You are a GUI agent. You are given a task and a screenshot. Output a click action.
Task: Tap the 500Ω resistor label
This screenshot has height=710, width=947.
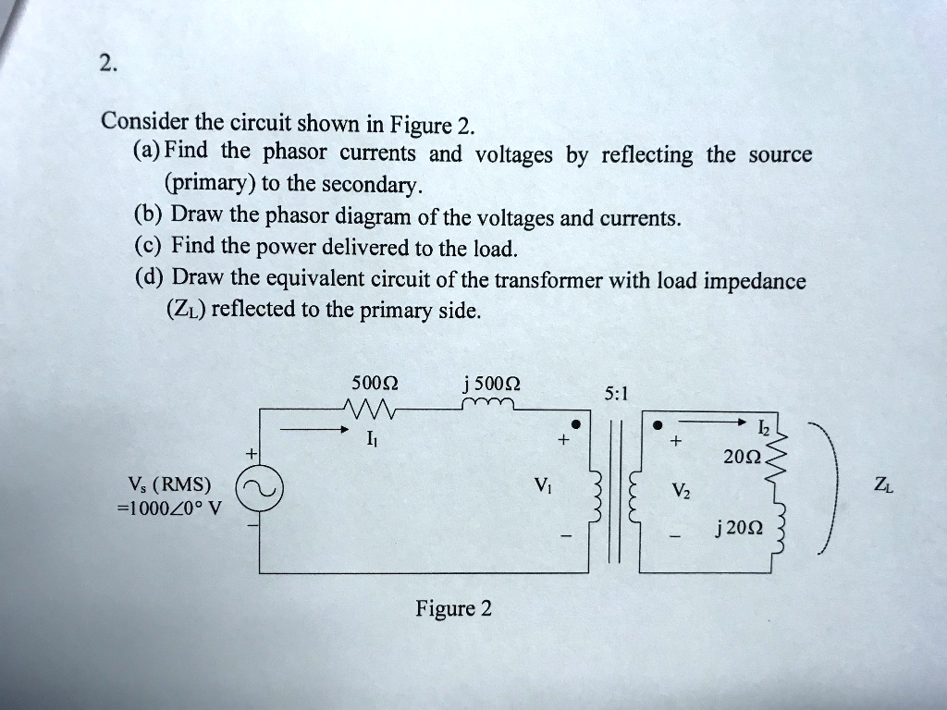(375, 385)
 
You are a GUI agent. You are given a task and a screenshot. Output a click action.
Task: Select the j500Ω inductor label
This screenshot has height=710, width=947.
(493, 385)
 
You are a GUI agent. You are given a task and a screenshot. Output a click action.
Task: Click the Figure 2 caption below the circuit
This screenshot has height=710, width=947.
(453, 608)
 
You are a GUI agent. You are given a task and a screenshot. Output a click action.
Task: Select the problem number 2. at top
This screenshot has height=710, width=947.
(108, 64)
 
